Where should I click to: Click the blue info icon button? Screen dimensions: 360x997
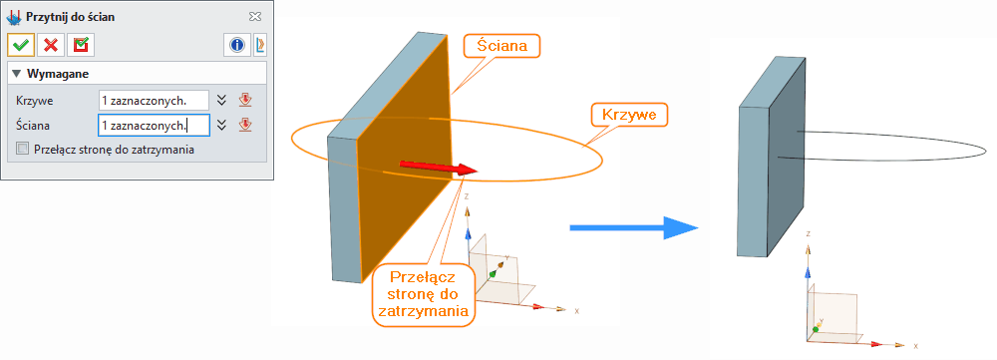pos(237,45)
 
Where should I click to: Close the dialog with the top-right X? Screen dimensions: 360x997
pos(255,16)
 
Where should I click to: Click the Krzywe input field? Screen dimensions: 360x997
pos(153,100)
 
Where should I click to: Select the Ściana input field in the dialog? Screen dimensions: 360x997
pos(153,125)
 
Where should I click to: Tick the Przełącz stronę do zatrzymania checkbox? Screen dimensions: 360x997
pos(23,150)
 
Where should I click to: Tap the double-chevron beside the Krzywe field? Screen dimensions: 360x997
pos(222,100)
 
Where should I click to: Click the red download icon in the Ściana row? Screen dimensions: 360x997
pos(244,125)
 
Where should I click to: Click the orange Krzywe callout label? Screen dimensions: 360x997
pos(628,114)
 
